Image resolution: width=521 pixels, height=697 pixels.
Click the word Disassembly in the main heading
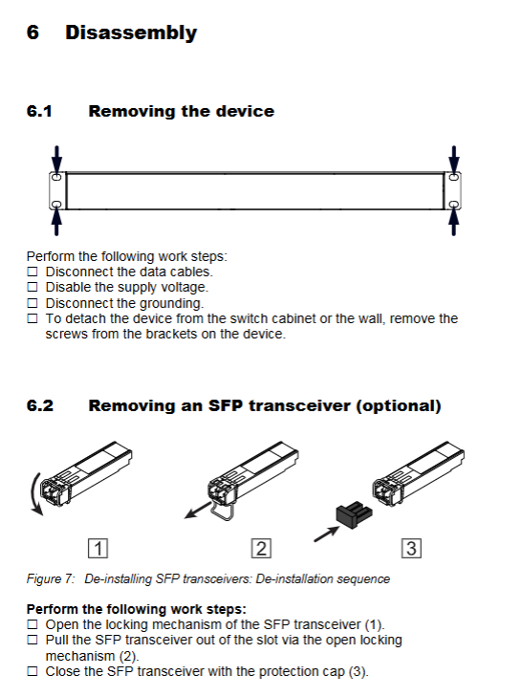[131, 33]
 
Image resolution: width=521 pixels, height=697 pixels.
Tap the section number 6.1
[39, 111]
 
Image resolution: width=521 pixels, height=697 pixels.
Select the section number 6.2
[40, 405]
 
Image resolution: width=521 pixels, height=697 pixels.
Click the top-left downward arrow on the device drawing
[56, 159]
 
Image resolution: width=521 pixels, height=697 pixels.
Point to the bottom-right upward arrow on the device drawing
[453, 222]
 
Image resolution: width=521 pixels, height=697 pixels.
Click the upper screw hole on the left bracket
[56, 177]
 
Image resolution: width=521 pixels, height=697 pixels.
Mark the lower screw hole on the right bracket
[453, 204]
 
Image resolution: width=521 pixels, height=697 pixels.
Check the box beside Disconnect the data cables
[33, 272]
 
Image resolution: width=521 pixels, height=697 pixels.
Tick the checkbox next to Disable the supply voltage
[33, 287]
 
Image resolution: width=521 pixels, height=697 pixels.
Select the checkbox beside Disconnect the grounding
[33, 303]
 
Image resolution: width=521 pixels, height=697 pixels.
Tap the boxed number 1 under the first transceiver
[98, 548]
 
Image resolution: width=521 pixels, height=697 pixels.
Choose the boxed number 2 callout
[261, 548]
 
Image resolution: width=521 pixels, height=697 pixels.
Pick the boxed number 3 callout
[411, 548]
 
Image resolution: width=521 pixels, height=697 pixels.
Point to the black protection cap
[354, 514]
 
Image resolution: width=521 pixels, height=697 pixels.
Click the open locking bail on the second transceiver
[222, 512]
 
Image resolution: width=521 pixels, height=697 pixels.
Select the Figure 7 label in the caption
[51, 578]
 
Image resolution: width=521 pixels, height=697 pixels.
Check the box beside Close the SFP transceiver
[33, 671]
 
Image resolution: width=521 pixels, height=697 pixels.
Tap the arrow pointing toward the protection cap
[326, 534]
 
